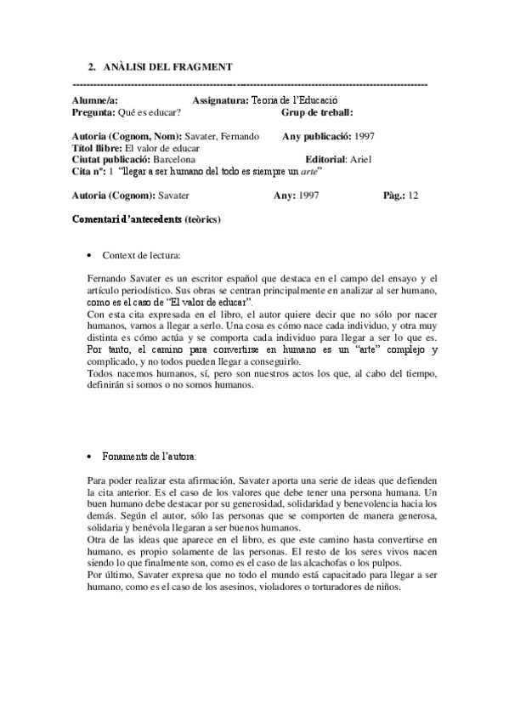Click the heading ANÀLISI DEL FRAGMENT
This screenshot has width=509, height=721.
tap(167, 67)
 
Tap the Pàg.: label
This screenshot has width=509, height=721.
tap(395, 196)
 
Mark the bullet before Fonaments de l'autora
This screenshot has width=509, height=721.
tap(91, 456)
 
